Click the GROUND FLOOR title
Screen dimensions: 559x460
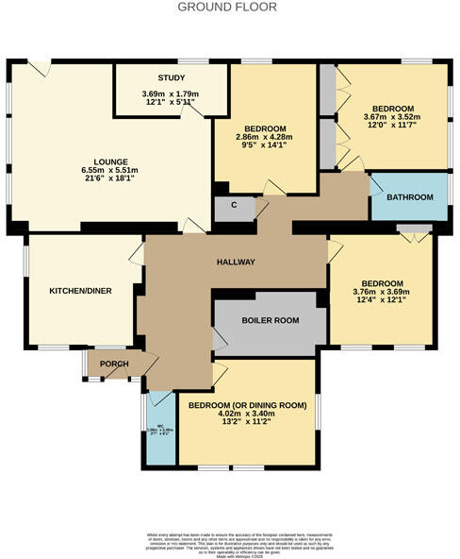229,7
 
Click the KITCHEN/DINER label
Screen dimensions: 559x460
81,291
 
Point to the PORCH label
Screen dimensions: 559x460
114,364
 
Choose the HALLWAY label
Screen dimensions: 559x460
237,262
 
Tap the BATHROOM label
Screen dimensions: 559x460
410,197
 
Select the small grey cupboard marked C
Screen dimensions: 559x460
233,205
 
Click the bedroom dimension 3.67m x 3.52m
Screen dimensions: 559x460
392,117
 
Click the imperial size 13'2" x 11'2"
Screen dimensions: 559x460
248,423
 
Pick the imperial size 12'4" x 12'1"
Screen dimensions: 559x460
383,301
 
